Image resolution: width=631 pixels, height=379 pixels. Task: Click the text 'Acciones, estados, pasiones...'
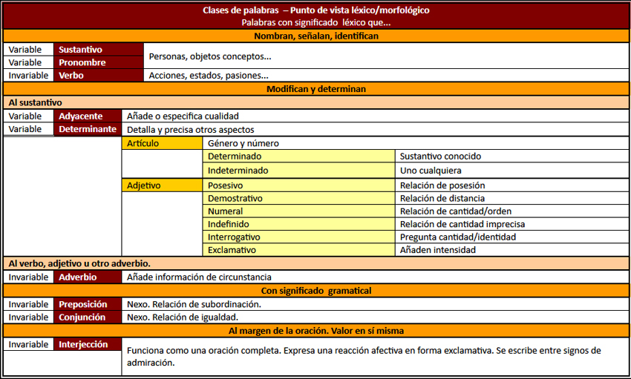tap(209, 76)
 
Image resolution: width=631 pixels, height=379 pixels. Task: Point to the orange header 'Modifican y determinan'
tap(315, 89)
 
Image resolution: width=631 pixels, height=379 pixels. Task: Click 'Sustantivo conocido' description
tap(440, 156)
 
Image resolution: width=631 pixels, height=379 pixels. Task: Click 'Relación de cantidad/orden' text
tap(455, 211)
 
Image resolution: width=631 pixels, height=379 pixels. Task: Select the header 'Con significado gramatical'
tap(315, 290)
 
